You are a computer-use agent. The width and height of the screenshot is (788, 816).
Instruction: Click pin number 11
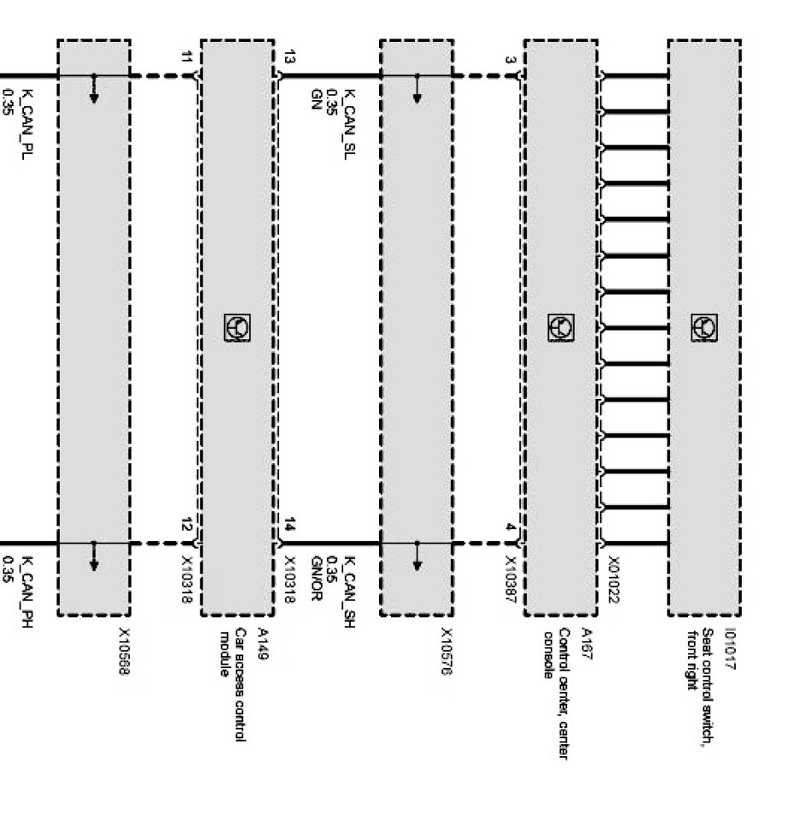coord(188,58)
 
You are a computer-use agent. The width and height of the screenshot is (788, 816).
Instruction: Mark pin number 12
coord(188,525)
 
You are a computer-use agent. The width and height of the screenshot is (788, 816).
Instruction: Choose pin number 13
coord(290,58)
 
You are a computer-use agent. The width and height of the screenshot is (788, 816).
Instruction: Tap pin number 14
coord(290,525)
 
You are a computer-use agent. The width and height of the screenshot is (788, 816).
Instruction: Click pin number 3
coord(511,60)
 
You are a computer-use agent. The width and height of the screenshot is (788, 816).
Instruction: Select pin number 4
coord(511,527)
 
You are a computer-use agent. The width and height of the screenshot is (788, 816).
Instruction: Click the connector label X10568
coord(124,655)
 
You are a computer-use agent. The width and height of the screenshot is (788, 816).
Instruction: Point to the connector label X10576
coord(446,655)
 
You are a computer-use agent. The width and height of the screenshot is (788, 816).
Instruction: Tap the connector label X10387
coord(511,580)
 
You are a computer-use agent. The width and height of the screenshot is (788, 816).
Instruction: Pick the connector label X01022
coord(613,580)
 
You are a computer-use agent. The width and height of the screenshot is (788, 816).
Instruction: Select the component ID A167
coord(586,639)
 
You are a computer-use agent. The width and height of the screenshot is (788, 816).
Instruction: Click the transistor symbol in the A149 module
coord(236,327)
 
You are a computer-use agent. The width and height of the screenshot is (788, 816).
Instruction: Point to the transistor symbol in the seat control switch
coord(704,327)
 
